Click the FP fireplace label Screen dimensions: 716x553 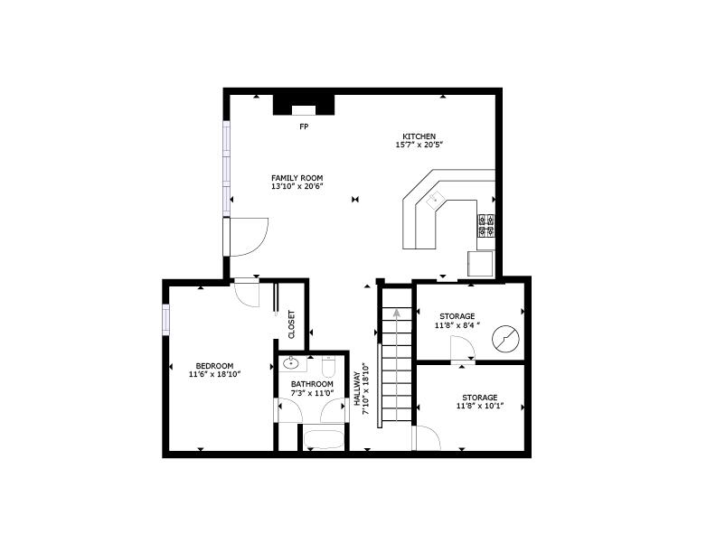[304, 127]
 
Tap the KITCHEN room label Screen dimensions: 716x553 [419, 136]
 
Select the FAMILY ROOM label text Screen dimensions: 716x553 [297, 178]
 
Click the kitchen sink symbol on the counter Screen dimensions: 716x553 [435, 199]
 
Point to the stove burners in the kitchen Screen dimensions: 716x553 [485, 225]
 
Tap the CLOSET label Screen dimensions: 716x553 [291, 324]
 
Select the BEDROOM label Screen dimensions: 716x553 [214, 366]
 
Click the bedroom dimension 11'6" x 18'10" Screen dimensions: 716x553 [214, 374]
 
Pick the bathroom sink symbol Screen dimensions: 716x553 [291, 363]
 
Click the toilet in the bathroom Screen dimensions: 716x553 [329, 365]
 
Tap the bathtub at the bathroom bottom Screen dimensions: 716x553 [325, 438]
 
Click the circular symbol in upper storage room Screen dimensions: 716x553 [505, 339]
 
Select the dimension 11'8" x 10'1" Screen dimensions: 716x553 [479, 406]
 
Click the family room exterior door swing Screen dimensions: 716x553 [249, 237]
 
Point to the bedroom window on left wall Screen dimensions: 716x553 [165, 319]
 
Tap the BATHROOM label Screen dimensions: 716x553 [312, 384]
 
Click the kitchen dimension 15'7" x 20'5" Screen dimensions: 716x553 [419, 145]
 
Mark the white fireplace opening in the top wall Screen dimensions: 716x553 [304, 110]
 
